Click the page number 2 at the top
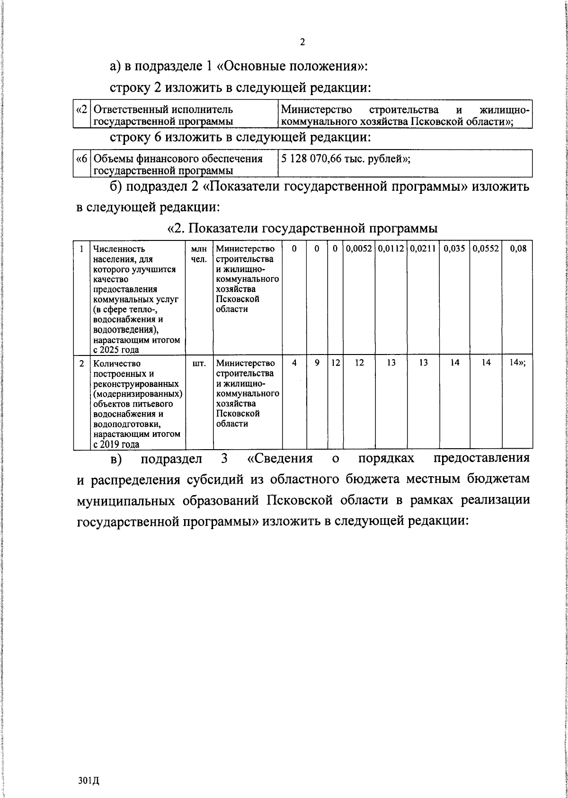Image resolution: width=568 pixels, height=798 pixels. (x=302, y=42)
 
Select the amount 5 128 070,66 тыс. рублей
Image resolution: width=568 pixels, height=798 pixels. (x=346, y=159)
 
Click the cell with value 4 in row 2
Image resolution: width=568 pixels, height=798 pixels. (x=294, y=363)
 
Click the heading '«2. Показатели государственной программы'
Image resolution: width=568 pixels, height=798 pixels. (x=302, y=229)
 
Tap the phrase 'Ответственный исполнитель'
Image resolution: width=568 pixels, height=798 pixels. (x=163, y=110)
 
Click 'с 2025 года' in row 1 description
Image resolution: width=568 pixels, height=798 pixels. (x=116, y=350)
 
